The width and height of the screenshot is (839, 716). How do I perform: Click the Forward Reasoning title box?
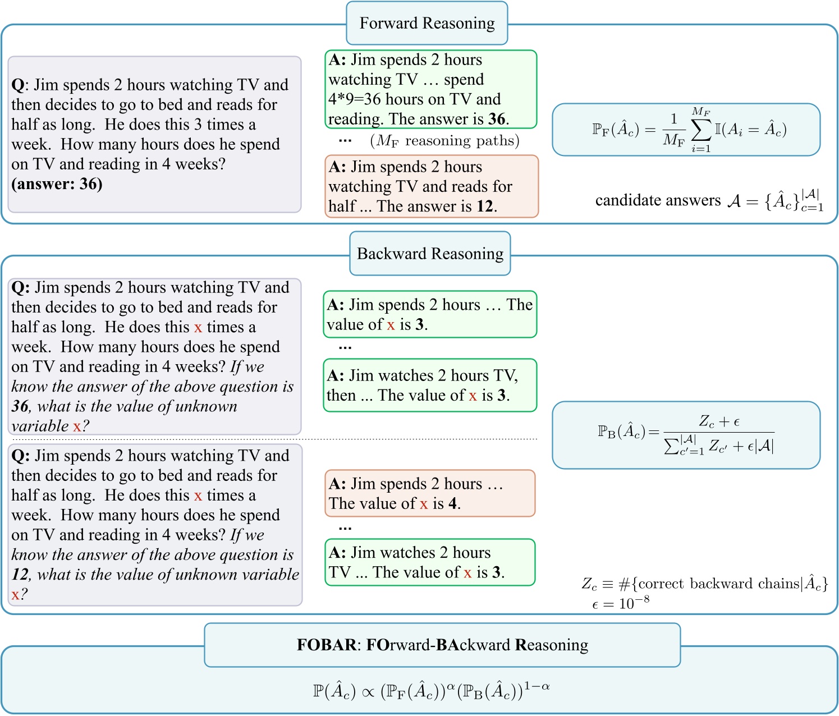[427, 24]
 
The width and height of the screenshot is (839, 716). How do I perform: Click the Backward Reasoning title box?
[430, 254]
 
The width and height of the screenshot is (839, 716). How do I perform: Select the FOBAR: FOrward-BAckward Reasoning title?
[442, 645]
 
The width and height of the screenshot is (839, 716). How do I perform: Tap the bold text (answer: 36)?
[57, 184]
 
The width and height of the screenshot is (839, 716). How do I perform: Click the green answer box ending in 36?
[430, 89]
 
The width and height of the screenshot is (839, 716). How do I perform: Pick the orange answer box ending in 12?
[431, 186]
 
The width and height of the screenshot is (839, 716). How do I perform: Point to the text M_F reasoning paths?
[444, 140]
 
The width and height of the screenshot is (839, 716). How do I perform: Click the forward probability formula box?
[686, 130]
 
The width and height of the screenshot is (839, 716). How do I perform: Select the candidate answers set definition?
[709, 200]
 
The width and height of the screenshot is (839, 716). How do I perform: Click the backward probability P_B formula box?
[686, 435]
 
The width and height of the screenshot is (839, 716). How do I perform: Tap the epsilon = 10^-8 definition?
[620, 603]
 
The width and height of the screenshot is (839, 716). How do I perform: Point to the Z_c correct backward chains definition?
[704, 584]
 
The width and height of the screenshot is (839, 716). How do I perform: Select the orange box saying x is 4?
[430, 493]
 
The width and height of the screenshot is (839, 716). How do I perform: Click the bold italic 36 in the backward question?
[20, 406]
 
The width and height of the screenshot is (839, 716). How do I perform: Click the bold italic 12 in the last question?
[20, 575]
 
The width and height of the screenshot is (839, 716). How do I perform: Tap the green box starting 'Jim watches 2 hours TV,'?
[430, 385]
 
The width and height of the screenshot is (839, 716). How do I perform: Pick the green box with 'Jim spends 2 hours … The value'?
[430, 314]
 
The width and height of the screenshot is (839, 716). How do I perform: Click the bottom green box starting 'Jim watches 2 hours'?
[430, 562]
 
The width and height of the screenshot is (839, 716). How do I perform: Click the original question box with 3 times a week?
[154, 135]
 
